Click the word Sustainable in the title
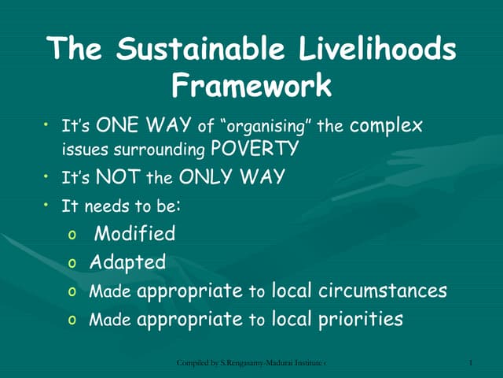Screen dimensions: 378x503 [x=207, y=50]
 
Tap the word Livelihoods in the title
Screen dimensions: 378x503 [x=377, y=50]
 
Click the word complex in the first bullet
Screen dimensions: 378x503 [x=386, y=125]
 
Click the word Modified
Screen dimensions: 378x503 [x=134, y=234]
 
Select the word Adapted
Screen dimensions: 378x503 [x=128, y=262]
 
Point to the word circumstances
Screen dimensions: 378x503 [x=383, y=291]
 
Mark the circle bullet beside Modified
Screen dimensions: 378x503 [x=72, y=235]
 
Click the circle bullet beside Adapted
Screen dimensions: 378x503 [x=72, y=264]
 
